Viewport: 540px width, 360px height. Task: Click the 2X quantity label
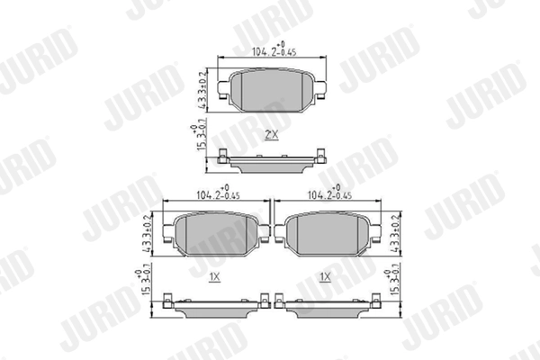tap(271, 135)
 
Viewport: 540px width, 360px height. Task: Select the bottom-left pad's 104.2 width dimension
tap(217, 193)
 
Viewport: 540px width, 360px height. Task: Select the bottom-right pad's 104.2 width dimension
tap(328, 193)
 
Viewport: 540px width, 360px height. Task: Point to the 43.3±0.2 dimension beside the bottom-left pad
tap(148, 232)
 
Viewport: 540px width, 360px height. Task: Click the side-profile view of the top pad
tap(270, 164)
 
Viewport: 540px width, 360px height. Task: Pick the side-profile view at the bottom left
tap(215, 307)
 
